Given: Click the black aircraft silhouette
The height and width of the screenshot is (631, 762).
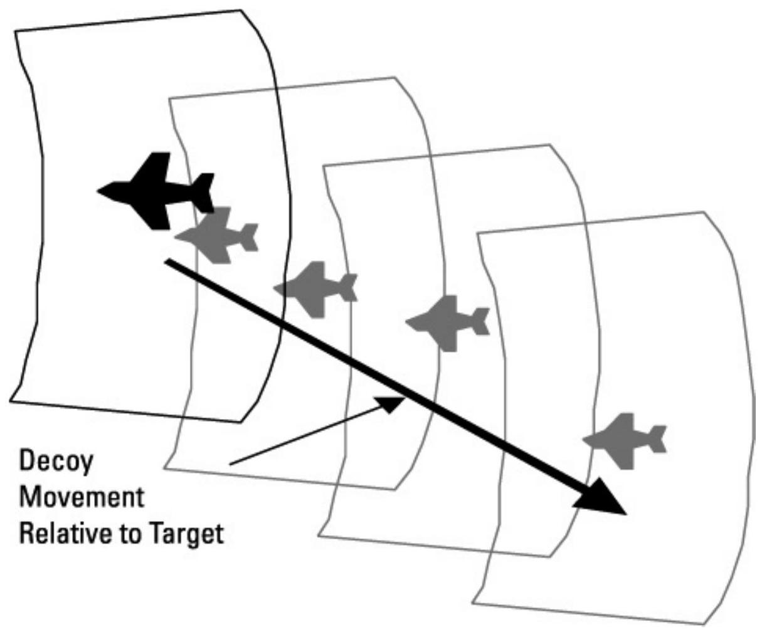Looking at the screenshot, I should [x=157, y=190].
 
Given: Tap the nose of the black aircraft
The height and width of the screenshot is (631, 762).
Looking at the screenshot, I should [x=100, y=190].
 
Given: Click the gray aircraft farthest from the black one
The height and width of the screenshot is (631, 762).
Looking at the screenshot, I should [x=625, y=440].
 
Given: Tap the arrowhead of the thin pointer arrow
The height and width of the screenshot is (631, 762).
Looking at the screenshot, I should [x=395, y=403].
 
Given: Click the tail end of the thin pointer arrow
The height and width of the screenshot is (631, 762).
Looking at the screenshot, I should [x=231, y=464].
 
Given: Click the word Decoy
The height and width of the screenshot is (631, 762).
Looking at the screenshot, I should [x=56, y=462].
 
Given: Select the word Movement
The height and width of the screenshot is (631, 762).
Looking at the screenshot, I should [x=81, y=498].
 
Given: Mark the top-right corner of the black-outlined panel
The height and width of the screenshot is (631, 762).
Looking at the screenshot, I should [x=241, y=11].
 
